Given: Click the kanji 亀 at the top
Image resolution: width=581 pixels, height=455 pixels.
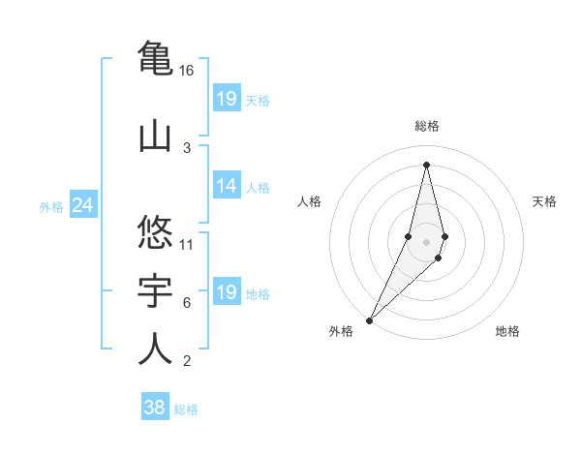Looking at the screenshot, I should coord(155,56).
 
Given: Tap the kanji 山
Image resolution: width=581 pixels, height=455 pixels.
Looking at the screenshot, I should coord(155,135).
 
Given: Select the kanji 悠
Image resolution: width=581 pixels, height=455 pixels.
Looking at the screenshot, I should coord(155,232).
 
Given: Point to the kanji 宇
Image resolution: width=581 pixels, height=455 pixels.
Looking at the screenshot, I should coord(155,291).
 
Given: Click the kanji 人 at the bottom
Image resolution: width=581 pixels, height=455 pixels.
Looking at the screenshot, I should coord(155,349).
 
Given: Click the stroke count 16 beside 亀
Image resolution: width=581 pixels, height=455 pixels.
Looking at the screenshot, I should coord(187,71).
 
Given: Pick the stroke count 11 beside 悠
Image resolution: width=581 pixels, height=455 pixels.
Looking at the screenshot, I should coord(187,244).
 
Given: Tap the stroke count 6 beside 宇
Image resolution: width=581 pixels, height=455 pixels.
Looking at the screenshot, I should coord(187,303).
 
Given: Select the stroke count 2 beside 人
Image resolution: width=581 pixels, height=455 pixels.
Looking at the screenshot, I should coord(187,362).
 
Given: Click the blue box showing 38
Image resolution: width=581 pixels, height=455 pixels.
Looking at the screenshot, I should coord(155,408).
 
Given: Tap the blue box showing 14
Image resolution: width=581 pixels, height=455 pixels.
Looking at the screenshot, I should coord(227,187).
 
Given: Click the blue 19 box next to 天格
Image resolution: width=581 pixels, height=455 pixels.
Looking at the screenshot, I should coord(227,99).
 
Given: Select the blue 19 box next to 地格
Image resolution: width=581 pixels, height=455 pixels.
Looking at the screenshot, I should coord(227,293).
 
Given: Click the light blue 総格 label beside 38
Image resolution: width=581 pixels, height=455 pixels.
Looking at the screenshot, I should coord(186,409).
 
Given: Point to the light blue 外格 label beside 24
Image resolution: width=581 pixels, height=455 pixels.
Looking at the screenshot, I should coord(51,207).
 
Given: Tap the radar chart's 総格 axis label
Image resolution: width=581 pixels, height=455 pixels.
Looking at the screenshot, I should coord(426,126).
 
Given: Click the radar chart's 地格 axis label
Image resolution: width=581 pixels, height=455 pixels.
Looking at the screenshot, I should coord(507,331).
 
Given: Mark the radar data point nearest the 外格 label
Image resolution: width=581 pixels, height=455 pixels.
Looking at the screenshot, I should coord(369,319).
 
